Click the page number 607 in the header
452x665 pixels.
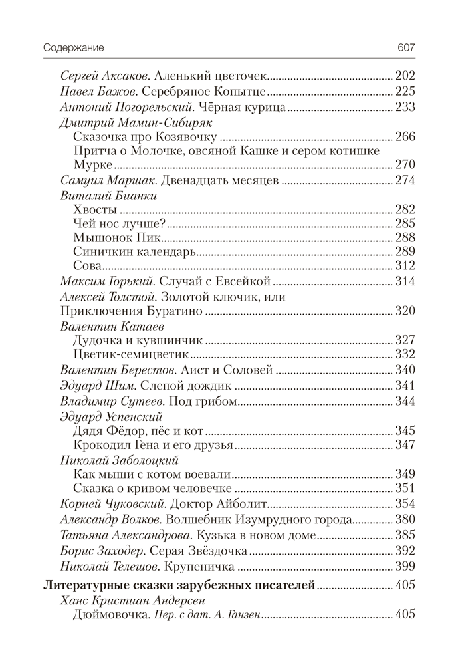pyautogui.click(x=405, y=48)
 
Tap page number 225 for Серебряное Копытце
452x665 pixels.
pyautogui.click(x=405, y=91)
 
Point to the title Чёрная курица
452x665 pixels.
pyautogui.click(x=245, y=106)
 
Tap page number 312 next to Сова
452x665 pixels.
pyautogui.click(x=405, y=266)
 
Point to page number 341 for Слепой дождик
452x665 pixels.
pyautogui.click(x=405, y=386)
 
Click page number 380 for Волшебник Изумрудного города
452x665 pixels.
pyautogui.click(x=405, y=519)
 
